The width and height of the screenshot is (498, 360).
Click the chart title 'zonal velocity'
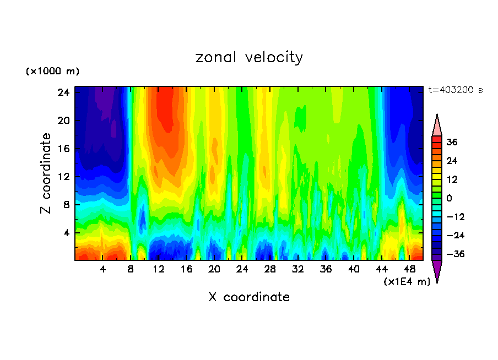(x=249, y=57)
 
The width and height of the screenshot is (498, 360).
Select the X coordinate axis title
(x=249, y=297)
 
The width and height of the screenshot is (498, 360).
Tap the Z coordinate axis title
(x=46, y=173)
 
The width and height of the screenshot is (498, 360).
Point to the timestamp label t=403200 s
(x=455, y=90)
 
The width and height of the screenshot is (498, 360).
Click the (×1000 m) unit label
(x=52, y=72)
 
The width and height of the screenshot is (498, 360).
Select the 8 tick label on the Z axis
(x=66, y=205)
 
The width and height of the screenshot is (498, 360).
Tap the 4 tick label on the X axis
(x=103, y=270)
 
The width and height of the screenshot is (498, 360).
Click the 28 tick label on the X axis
(x=270, y=270)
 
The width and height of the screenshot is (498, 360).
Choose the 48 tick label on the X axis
(x=409, y=270)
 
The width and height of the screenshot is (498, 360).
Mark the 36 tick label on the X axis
(x=326, y=270)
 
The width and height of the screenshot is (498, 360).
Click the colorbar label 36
(x=452, y=142)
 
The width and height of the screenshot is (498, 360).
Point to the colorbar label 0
(x=449, y=198)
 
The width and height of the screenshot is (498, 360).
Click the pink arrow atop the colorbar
(x=437, y=125)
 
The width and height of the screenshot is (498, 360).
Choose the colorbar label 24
(x=452, y=161)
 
